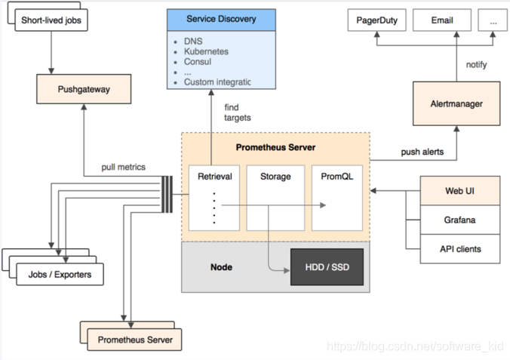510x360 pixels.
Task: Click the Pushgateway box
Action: (x=84, y=89)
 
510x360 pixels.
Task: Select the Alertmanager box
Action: (x=456, y=103)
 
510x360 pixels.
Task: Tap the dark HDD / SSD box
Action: (x=327, y=267)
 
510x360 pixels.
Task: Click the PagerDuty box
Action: (x=377, y=20)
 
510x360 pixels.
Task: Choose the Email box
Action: (x=442, y=20)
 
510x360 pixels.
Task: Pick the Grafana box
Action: (x=460, y=220)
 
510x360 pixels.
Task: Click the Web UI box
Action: (x=460, y=191)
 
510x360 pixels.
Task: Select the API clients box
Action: (x=460, y=249)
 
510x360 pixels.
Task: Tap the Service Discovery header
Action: (x=221, y=20)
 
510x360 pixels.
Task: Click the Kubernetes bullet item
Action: (x=206, y=51)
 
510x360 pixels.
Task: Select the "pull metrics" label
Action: (x=123, y=167)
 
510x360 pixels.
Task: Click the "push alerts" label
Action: (x=422, y=152)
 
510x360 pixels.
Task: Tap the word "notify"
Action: (x=476, y=65)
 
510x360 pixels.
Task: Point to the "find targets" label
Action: (x=238, y=112)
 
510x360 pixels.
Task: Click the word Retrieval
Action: (x=215, y=177)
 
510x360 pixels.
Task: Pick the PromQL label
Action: (x=337, y=177)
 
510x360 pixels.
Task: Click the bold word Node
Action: (x=221, y=267)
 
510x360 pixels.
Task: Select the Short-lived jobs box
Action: (x=51, y=20)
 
